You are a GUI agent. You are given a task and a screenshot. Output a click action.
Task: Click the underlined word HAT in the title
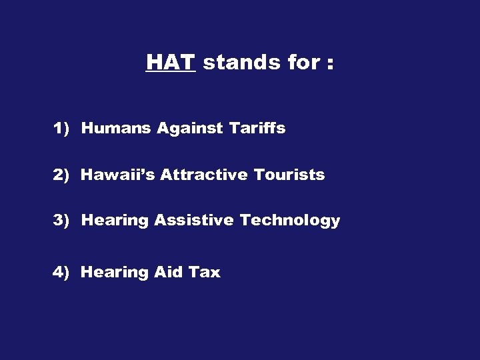pos(170,63)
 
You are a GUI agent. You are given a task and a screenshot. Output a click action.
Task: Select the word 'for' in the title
pos(303,63)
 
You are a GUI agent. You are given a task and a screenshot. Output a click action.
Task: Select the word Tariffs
pos(257,128)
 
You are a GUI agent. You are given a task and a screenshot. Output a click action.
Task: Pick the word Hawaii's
pos(117,175)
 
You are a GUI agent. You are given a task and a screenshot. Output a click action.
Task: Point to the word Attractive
pos(203,175)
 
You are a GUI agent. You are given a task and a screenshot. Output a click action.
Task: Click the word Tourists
pos(289,175)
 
